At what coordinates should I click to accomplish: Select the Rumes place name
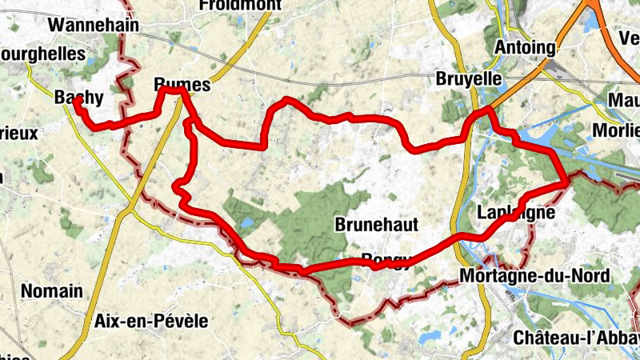[182, 85]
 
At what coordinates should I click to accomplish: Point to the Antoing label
[525, 47]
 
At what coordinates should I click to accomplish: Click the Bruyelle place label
[469, 79]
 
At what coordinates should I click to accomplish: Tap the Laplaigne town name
[514, 213]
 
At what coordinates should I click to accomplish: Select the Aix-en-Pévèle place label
[151, 321]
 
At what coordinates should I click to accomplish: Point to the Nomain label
[53, 290]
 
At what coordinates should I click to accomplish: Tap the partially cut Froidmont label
[240, 5]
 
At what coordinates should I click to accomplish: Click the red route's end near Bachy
[76, 101]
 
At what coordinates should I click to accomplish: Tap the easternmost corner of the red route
[567, 183]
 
